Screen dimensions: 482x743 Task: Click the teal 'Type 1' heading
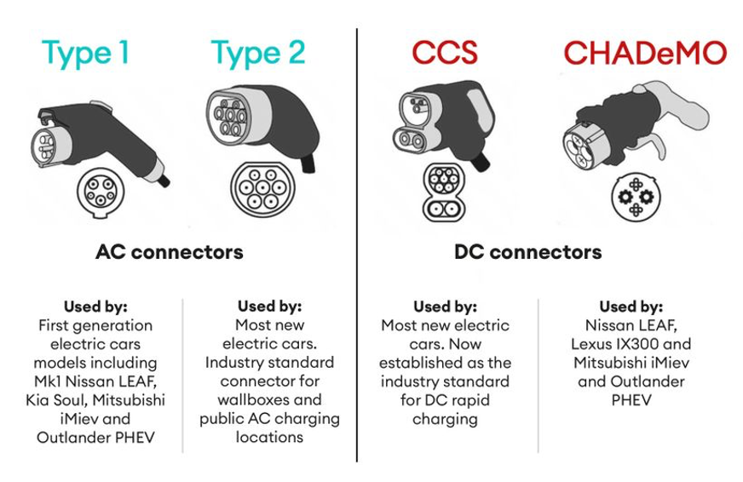click(x=86, y=53)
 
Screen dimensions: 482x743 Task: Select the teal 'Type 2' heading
click(x=258, y=53)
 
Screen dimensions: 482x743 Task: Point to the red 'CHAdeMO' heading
click(x=645, y=53)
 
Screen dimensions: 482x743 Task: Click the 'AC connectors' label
click(x=169, y=252)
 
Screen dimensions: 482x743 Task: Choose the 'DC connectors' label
click(x=527, y=252)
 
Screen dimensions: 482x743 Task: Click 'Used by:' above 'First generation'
click(x=95, y=307)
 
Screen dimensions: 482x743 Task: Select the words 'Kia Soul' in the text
click(x=63, y=399)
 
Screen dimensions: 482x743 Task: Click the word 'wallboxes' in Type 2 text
click(x=269, y=399)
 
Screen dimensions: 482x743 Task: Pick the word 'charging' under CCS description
click(x=444, y=418)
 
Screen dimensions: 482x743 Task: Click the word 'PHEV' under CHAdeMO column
click(x=631, y=399)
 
